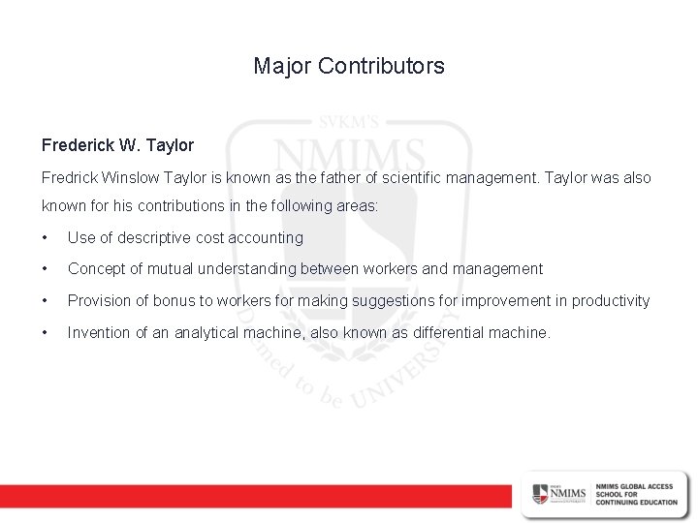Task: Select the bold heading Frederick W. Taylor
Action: (x=117, y=145)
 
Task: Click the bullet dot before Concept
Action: (x=46, y=269)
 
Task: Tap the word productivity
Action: (x=611, y=300)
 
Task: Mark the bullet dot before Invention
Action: (x=46, y=333)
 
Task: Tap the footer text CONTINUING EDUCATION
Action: (x=637, y=500)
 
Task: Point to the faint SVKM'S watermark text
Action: (x=348, y=123)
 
